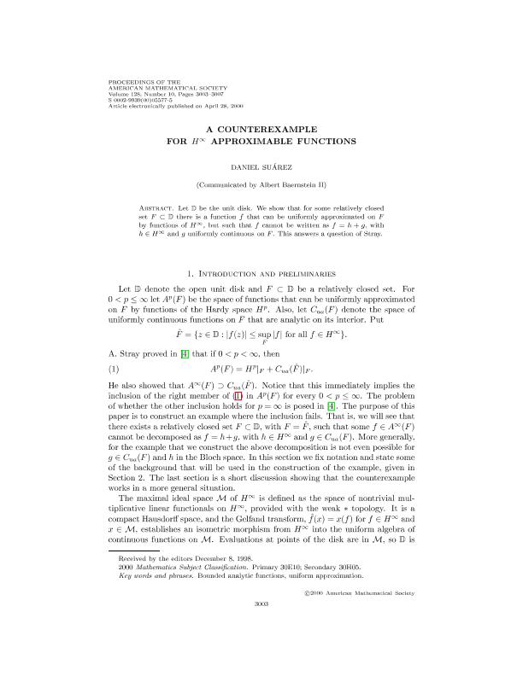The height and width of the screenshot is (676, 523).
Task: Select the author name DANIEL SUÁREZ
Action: (261, 167)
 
